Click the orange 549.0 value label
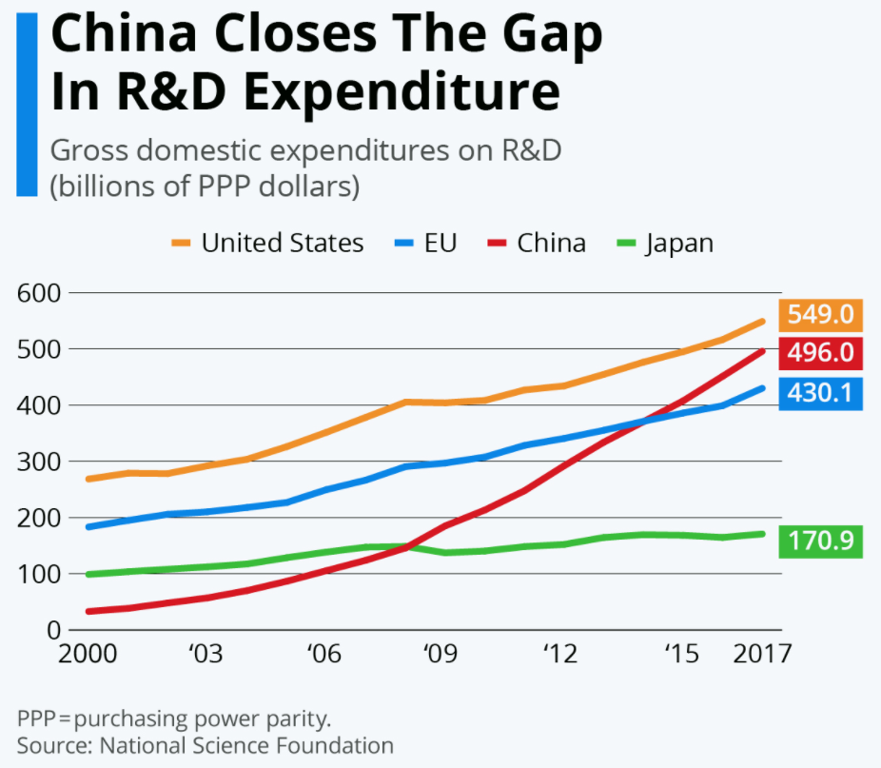click(x=820, y=314)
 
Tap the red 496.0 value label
click(x=820, y=353)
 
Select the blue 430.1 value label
click(x=820, y=393)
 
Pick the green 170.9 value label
click(x=820, y=542)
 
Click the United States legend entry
click(x=268, y=243)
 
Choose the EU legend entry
click(x=426, y=243)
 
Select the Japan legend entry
click(x=665, y=243)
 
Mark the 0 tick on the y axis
click(x=53, y=630)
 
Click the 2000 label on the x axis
click(x=88, y=656)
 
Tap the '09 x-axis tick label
click(x=438, y=656)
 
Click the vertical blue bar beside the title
click(x=27, y=105)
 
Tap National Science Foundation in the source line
click(x=245, y=745)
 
